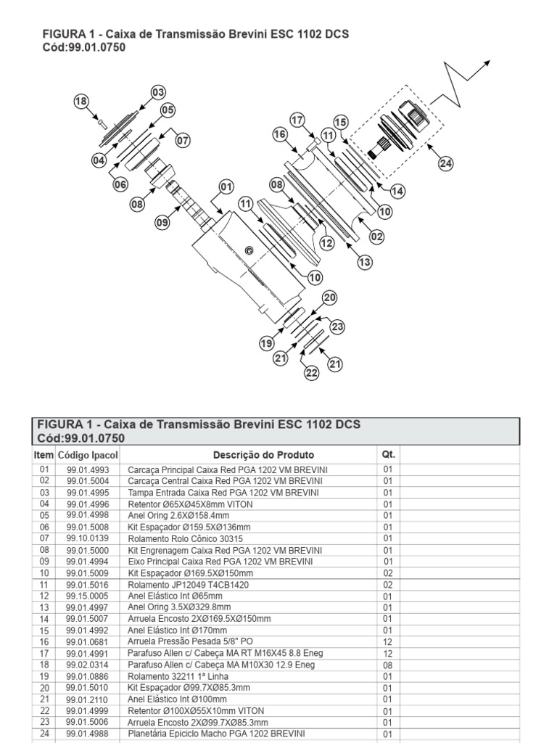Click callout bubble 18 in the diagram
click(80, 102)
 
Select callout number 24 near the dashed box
click(445, 163)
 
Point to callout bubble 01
click(226, 186)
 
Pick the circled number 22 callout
click(311, 373)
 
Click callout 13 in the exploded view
click(364, 261)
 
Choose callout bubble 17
click(297, 120)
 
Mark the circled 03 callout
click(158, 92)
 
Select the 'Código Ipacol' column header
click(88, 455)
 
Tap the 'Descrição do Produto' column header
click(263, 455)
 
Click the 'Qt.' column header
click(387, 454)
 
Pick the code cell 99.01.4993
click(88, 469)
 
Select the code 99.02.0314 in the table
click(88, 665)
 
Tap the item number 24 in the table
click(44, 734)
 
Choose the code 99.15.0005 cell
click(88, 596)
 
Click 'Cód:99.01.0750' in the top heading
click(86, 48)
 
